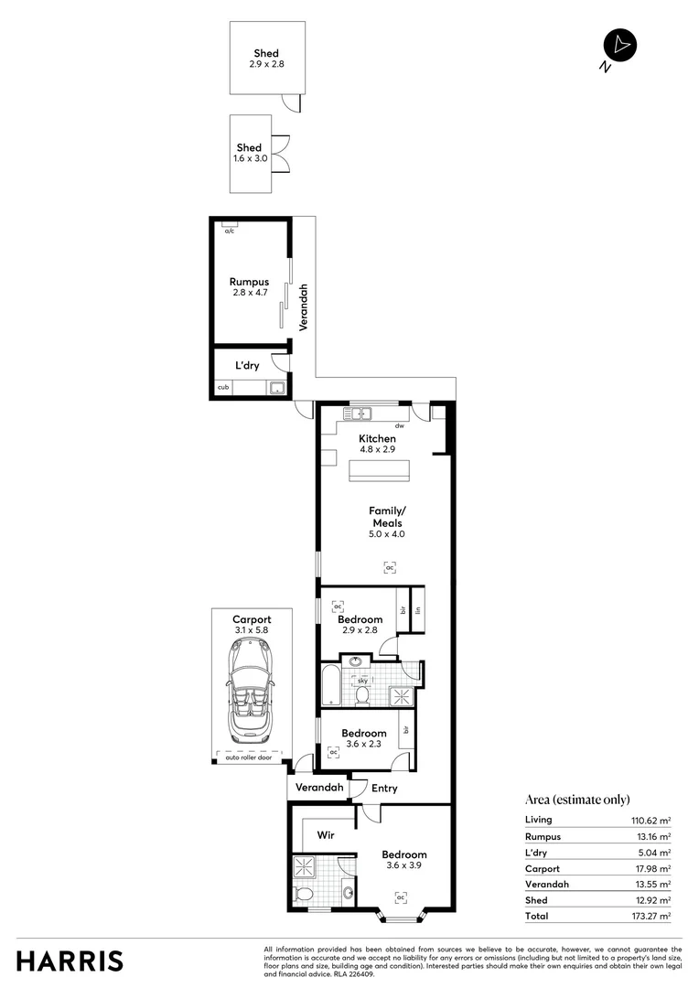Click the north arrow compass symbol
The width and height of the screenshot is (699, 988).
pyautogui.click(x=619, y=46)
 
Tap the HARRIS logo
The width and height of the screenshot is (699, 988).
pyautogui.click(x=70, y=961)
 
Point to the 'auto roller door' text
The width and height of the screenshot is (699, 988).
pyautogui.click(x=250, y=757)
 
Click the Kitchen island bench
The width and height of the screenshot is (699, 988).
pyautogui.click(x=379, y=470)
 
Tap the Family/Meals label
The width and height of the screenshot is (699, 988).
pyautogui.click(x=386, y=516)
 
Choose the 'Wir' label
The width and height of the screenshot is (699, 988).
pyautogui.click(x=326, y=835)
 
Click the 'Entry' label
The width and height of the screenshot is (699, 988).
pyautogui.click(x=385, y=788)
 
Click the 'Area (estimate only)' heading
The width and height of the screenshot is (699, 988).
pyautogui.click(x=577, y=799)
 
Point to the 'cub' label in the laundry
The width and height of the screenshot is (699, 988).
pyautogui.click(x=222, y=388)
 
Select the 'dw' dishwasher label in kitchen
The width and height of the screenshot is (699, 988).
pyautogui.click(x=399, y=426)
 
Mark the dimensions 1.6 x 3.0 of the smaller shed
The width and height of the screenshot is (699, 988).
pyautogui.click(x=249, y=158)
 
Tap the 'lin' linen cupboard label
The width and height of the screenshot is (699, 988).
pyautogui.click(x=417, y=610)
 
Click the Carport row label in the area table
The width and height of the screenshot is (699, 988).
pyautogui.click(x=543, y=868)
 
